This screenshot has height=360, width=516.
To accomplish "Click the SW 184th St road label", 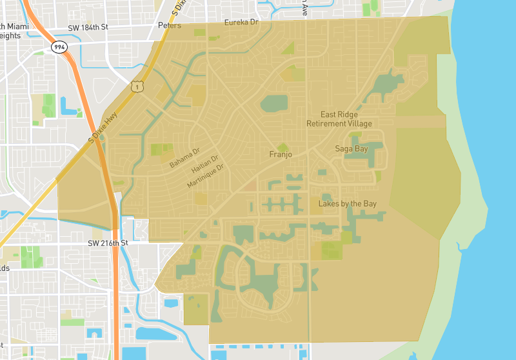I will click(x=88, y=28).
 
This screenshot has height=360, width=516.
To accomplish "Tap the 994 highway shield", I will click(x=60, y=47).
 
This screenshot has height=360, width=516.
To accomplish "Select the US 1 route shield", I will click(x=136, y=86).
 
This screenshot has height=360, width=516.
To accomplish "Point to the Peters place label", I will click(x=170, y=26).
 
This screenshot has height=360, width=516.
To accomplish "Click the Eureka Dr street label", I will click(x=241, y=22).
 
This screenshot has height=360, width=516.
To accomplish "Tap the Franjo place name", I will click(x=281, y=154).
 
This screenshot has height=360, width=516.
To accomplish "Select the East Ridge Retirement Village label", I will click(x=339, y=119).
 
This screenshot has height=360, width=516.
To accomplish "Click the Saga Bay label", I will click(x=351, y=148).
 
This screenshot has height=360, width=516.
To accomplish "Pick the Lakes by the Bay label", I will click(x=347, y=204).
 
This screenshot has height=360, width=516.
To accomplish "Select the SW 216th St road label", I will click(x=108, y=243).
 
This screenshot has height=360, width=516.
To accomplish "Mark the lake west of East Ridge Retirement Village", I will click(x=274, y=103).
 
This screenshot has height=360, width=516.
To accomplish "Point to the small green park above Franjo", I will click(x=282, y=147).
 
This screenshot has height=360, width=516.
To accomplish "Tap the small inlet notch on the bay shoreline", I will click(x=459, y=246).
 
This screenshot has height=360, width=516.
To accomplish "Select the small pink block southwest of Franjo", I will click(x=251, y=186).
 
